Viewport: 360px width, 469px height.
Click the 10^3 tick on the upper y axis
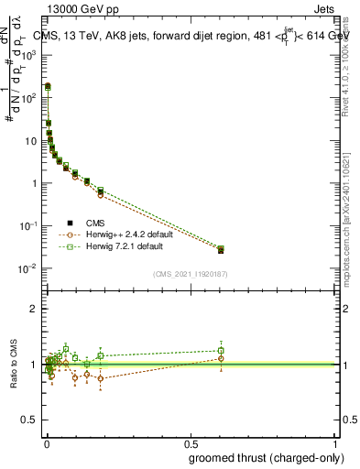pos(33,55)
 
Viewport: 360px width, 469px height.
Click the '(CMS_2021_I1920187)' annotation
pos(191,274)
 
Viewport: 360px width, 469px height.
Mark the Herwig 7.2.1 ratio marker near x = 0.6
pos(220,350)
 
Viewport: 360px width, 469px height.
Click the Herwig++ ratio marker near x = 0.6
pos(220,358)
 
